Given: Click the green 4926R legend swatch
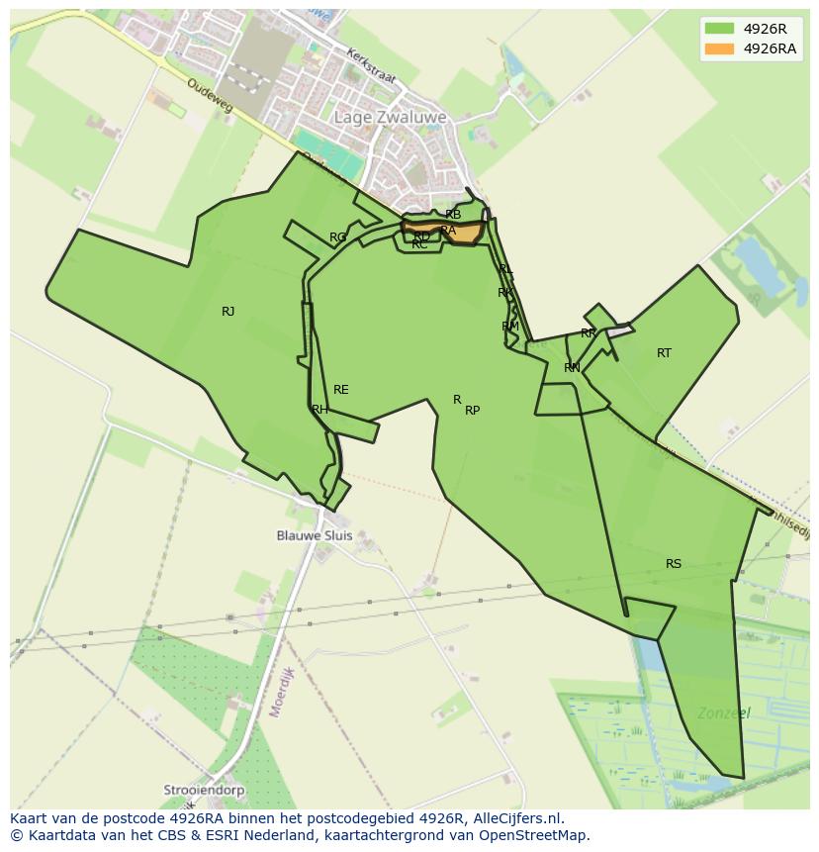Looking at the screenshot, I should [x=719, y=29].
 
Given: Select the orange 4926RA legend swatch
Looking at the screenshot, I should [x=719, y=48].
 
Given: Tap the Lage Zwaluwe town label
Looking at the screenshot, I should [x=390, y=117].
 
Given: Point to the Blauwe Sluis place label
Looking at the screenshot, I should [x=314, y=535].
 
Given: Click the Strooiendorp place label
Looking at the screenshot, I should [x=205, y=791].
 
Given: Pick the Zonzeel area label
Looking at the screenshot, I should [x=723, y=712].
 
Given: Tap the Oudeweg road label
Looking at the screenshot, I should [x=209, y=95].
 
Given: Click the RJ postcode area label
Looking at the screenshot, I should [x=228, y=312].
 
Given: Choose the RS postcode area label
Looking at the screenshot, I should [x=674, y=564].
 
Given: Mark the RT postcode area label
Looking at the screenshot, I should [x=664, y=353].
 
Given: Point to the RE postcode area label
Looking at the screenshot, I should [x=341, y=390].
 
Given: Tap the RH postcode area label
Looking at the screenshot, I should [x=319, y=410].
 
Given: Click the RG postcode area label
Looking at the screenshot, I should [x=338, y=237].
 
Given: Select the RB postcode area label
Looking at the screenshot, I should [x=453, y=215].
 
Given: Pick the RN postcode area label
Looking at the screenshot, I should [x=572, y=368].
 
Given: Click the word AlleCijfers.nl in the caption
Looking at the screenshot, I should [x=515, y=818].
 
